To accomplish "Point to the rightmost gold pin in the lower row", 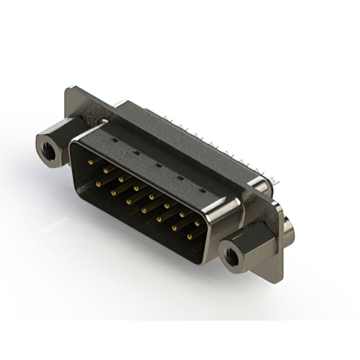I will [190, 237].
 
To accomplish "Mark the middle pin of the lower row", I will [145, 210].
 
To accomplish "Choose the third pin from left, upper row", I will [122, 179].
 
